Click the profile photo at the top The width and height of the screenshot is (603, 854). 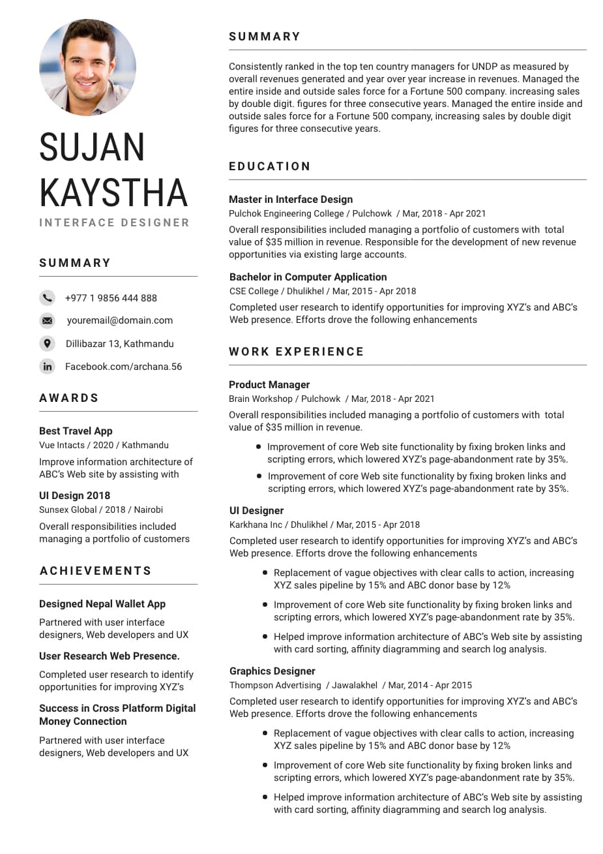coord(87,67)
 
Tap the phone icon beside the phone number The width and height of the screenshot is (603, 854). coord(48,298)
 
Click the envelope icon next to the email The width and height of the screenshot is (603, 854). coord(48,320)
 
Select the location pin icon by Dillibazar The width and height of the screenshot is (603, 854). coord(48,343)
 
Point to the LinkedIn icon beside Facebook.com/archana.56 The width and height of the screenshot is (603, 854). coord(48,367)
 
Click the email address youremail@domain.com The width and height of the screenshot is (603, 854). coord(120,320)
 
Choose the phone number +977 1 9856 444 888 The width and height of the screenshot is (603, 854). coord(111,298)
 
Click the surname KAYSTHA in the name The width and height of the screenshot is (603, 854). coord(113,192)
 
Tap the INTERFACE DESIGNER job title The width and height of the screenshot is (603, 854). coord(114,222)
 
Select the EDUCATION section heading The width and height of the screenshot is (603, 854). coord(270,166)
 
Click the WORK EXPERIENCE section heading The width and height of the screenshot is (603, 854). coord(296,352)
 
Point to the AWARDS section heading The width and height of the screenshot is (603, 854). coord(69,398)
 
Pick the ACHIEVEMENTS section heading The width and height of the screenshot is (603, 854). coord(96,571)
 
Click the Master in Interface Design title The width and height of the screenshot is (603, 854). coord(291,200)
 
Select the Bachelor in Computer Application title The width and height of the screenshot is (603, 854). coord(308,277)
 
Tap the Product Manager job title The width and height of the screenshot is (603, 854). coord(269,385)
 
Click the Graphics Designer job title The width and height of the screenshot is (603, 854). coord(272,671)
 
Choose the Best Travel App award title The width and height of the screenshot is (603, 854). coord(76,431)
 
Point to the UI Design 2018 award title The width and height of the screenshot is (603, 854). coord(74,496)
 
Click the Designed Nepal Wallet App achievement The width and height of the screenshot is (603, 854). coord(102,604)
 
